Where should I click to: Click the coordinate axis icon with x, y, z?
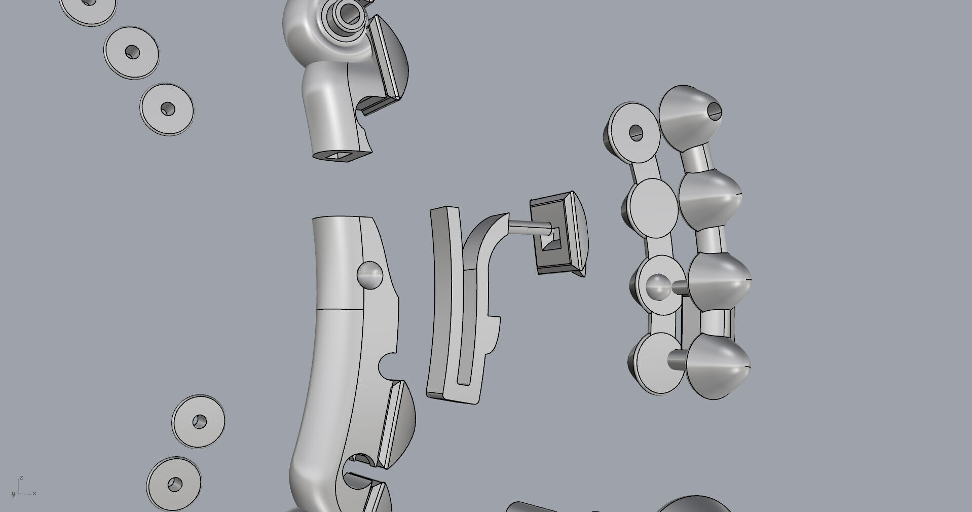click(22, 487)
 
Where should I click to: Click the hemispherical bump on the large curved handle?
click(369, 275)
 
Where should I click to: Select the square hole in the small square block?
click(549, 239)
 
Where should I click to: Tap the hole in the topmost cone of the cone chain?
click(714, 110)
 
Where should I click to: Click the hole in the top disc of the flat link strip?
click(635, 133)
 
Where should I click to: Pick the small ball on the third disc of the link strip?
click(658, 287)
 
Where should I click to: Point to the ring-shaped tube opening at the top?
click(349, 13)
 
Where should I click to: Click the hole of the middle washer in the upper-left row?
click(132, 52)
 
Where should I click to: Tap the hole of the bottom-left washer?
click(175, 484)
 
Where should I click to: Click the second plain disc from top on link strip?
click(654, 208)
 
